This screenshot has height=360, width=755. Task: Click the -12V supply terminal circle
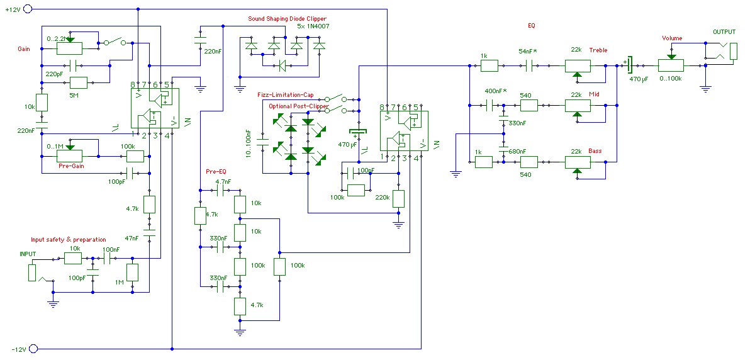pos(34,348)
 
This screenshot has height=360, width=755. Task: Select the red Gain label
pos(24,48)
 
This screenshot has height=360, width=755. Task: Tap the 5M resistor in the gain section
pos(79,82)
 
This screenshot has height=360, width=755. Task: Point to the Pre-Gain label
pos(72,167)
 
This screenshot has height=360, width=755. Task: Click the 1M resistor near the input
pos(133,273)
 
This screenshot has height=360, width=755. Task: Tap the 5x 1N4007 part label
pos(313,27)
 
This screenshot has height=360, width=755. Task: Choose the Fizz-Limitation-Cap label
pos(285,95)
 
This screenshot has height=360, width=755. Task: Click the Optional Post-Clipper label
pos(298,106)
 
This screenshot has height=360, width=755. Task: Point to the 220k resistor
pos(398,198)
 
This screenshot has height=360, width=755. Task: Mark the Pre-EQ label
pos(216,172)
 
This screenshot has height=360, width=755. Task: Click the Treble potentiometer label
pos(598,50)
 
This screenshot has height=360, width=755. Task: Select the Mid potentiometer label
pos(594,94)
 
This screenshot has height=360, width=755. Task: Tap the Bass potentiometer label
pos(595,151)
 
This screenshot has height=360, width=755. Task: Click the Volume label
pos(672,38)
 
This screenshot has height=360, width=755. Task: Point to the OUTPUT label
pos(724,31)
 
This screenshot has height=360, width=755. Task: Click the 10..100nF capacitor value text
pos(249,142)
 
